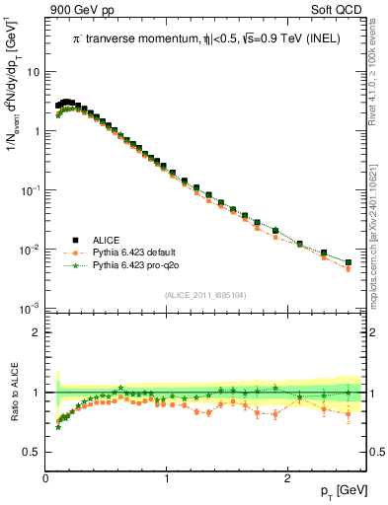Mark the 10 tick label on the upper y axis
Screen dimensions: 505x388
point(33,72)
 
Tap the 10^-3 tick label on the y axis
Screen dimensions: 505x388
point(32,309)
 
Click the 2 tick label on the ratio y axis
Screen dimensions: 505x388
point(36,332)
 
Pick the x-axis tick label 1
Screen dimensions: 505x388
point(167,477)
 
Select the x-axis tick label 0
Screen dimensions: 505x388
point(46,477)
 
